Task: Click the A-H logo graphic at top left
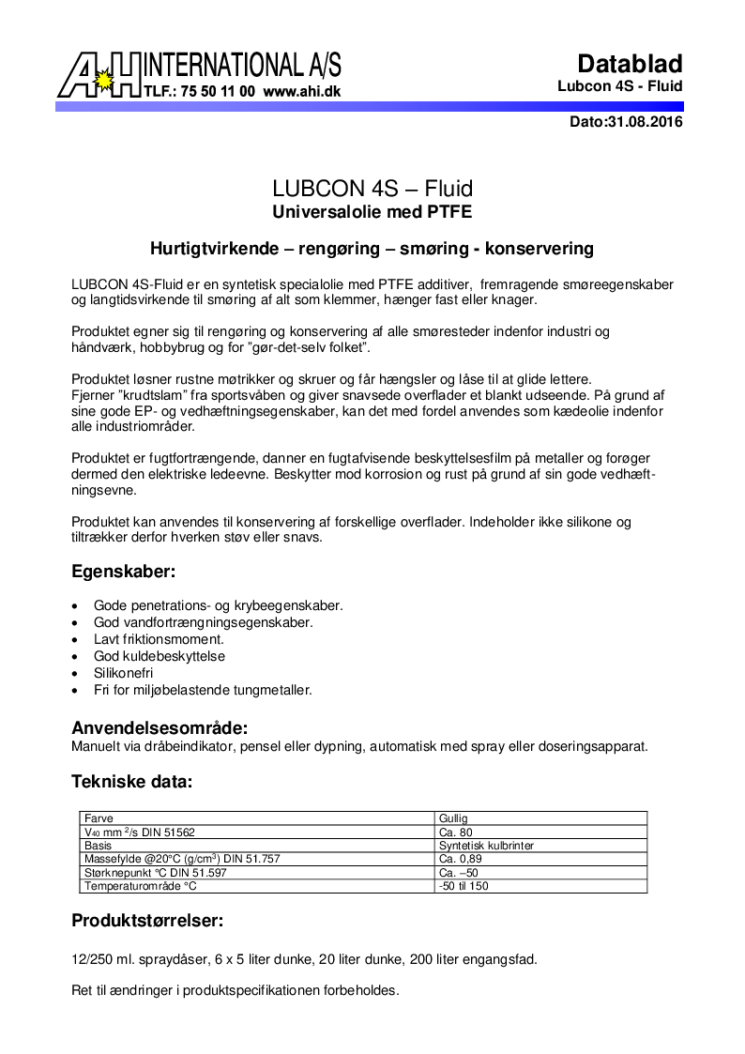pyautogui.click(x=99, y=74)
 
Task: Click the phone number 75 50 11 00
pyautogui.click(x=218, y=93)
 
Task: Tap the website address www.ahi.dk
pyautogui.click(x=301, y=93)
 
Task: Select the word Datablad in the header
pyautogui.click(x=630, y=64)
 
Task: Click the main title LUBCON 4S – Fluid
pyautogui.click(x=372, y=189)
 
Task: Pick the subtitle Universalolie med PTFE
pyautogui.click(x=372, y=211)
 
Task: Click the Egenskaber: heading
pyautogui.click(x=124, y=571)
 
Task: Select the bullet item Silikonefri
pyautogui.click(x=123, y=673)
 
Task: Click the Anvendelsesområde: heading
pyautogui.click(x=160, y=727)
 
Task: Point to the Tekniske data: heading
pyautogui.click(x=132, y=781)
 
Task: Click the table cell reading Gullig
pyautogui.click(x=453, y=818)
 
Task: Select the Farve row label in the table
pyautogui.click(x=99, y=818)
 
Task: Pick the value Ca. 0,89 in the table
pyautogui.click(x=460, y=859)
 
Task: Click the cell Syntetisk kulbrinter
pyautogui.click(x=486, y=846)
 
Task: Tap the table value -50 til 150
pyautogui.click(x=464, y=886)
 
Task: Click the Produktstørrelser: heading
pyautogui.click(x=147, y=921)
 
